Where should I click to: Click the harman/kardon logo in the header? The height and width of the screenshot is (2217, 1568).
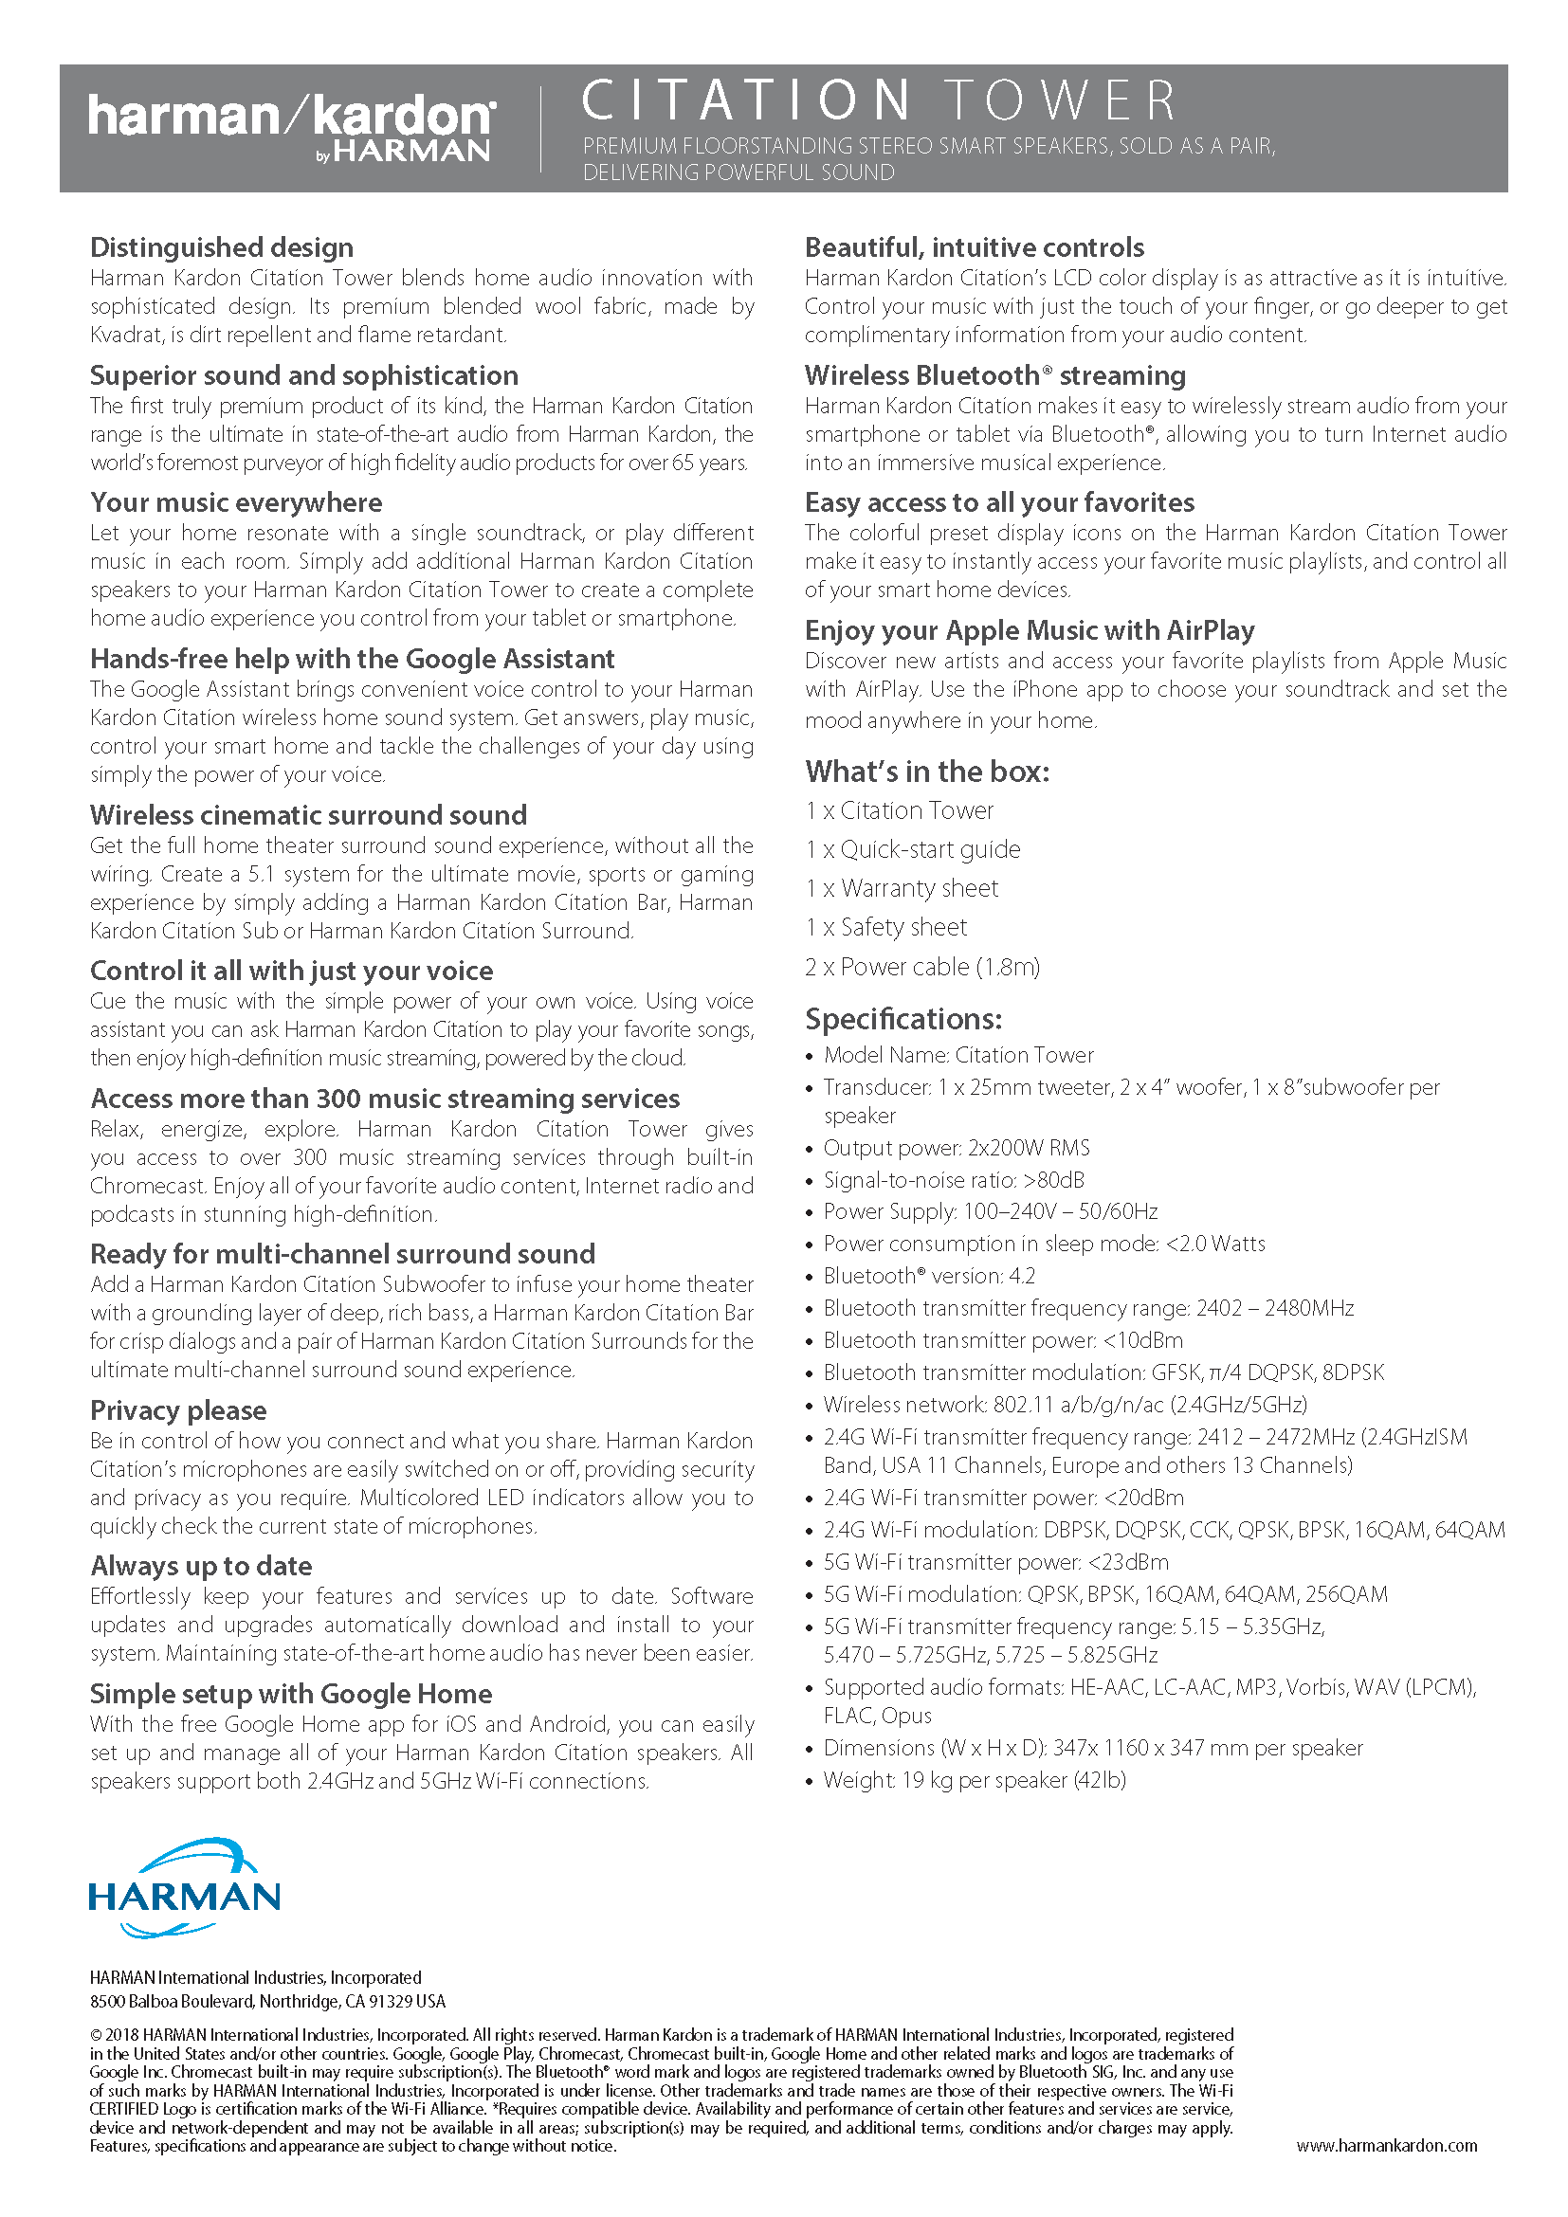(292, 126)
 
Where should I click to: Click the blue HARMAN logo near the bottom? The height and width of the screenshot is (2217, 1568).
(184, 1889)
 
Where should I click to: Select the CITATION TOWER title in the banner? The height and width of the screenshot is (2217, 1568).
(879, 100)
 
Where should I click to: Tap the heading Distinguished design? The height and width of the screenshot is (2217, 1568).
(222, 248)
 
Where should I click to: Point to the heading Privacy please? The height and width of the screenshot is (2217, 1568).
(178, 1410)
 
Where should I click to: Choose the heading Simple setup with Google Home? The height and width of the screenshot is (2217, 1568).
(291, 1694)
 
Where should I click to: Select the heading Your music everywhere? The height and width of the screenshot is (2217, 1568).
(237, 503)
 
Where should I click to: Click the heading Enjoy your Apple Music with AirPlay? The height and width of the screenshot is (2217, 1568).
(1030, 630)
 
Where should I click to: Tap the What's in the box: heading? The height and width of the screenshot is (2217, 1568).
(927, 772)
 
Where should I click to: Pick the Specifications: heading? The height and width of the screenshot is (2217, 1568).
(903, 1020)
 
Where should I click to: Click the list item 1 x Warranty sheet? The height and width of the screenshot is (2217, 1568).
(902, 888)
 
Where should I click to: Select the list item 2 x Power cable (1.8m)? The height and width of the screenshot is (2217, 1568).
(922, 967)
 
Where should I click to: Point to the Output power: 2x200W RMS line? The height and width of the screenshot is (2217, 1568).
(956, 1148)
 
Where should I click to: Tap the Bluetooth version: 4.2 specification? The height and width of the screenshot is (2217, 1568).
(929, 1277)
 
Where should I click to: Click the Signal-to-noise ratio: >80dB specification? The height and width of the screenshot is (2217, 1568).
(954, 1180)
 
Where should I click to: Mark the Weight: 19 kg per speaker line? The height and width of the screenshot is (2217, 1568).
(975, 1781)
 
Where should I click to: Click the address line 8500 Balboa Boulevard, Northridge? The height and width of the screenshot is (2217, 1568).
(267, 2002)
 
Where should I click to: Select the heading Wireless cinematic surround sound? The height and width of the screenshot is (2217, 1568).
(309, 816)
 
